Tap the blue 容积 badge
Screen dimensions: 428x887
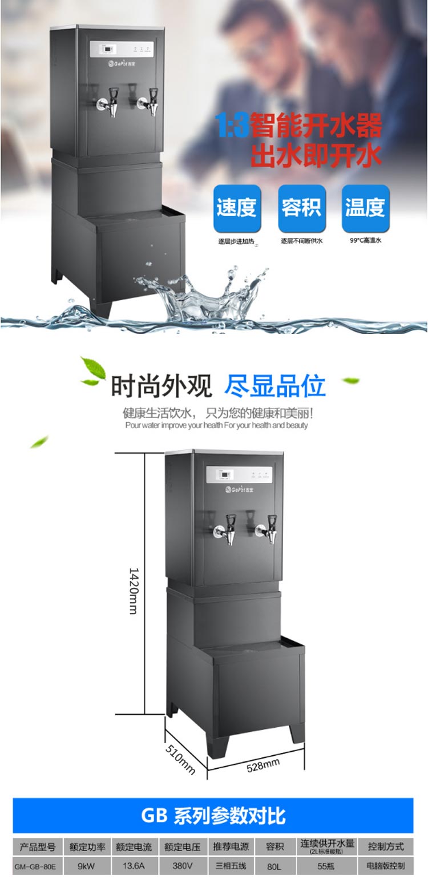(x=301, y=208)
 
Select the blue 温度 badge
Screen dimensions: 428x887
(x=365, y=208)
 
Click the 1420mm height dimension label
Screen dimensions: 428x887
(x=133, y=591)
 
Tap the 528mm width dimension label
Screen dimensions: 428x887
(x=263, y=765)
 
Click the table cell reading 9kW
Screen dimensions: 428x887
(x=86, y=865)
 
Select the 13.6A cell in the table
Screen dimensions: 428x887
(x=134, y=865)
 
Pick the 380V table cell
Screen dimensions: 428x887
(x=182, y=865)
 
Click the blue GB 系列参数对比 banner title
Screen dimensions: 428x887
(x=213, y=815)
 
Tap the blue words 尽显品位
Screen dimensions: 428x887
(x=275, y=386)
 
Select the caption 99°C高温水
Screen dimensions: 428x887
(x=365, y=241)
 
